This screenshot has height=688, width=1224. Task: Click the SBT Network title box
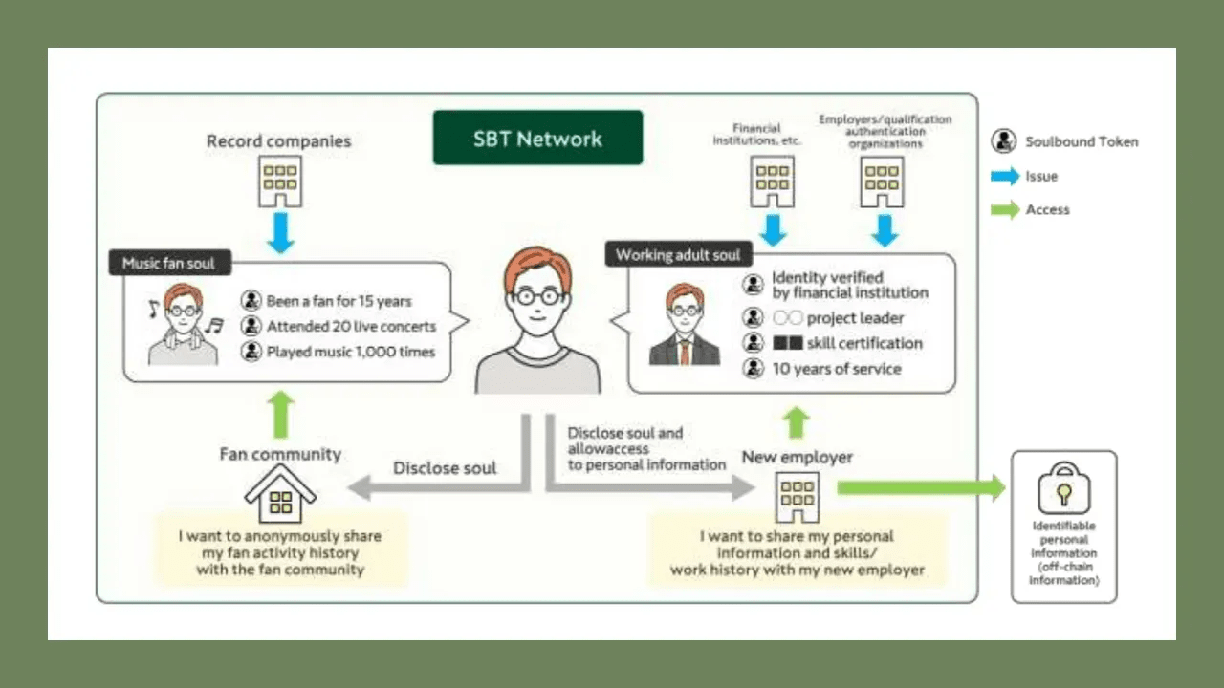click(x=537, y=138)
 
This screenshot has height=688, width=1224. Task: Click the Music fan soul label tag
click(x=169, y=263)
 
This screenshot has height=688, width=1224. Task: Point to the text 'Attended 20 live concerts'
click(x=351, y=326)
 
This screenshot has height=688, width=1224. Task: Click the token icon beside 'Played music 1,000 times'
click(x=251, y=352)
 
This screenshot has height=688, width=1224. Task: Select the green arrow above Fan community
click(x=280, y=413)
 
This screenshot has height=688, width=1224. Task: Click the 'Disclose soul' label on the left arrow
click(x=445, y=468)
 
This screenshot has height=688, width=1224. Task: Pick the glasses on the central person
click(x=538, y=296)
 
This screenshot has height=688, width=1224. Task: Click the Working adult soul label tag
click(x=679, y=255)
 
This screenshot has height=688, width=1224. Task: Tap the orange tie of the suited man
click(x=685, y=353)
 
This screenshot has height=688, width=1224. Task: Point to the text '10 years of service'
click(x=837, y=369)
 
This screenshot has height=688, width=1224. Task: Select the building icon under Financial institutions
click(x=773, y=182)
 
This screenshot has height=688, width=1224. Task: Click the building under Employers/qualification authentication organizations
click(x=883, y=182)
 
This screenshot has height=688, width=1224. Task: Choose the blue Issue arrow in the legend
click(x=1005, y=176)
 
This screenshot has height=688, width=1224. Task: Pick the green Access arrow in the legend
click(x=1005, y=209)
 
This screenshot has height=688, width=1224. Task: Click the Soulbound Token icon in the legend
click(x=1004, y=141)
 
